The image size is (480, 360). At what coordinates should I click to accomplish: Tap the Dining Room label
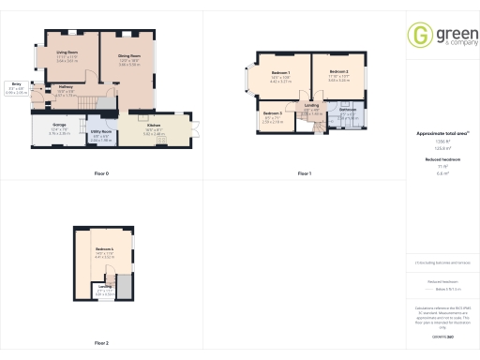(x=128, y=57)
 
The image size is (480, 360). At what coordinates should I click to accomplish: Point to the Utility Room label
(x=101, y=133)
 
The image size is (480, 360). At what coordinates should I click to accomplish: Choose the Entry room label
(x=17, y=84)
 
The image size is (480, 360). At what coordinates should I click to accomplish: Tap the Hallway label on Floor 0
(x=66, y=87)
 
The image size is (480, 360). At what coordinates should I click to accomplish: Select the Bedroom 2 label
(x=337, y=71)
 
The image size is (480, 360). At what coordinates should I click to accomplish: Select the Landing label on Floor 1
(x=312, y=105)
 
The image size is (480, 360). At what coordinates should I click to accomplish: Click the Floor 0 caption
(x=101, y=173)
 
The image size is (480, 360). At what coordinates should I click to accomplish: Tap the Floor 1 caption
(x=304, y=173)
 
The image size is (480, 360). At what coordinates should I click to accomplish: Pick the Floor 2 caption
(x=101, y=343)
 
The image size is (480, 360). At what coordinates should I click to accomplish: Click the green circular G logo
(x=417, y=35)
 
